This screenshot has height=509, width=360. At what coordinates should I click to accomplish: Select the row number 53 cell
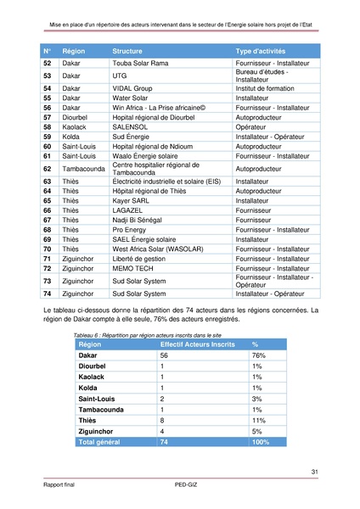48,76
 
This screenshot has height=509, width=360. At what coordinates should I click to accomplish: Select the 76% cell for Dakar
260,355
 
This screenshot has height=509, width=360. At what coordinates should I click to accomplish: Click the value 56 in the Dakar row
164,355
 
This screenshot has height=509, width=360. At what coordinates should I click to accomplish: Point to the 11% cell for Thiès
259,420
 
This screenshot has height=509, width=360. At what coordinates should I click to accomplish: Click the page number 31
314,473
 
